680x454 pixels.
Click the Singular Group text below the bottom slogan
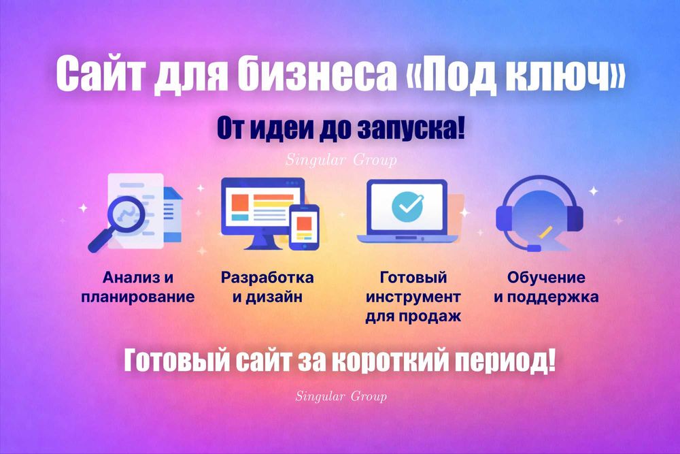pos(341,395)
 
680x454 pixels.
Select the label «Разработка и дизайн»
pos(267,287)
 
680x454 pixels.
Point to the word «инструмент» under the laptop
pos(413,297)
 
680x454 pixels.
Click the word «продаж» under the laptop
pos(435,317)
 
